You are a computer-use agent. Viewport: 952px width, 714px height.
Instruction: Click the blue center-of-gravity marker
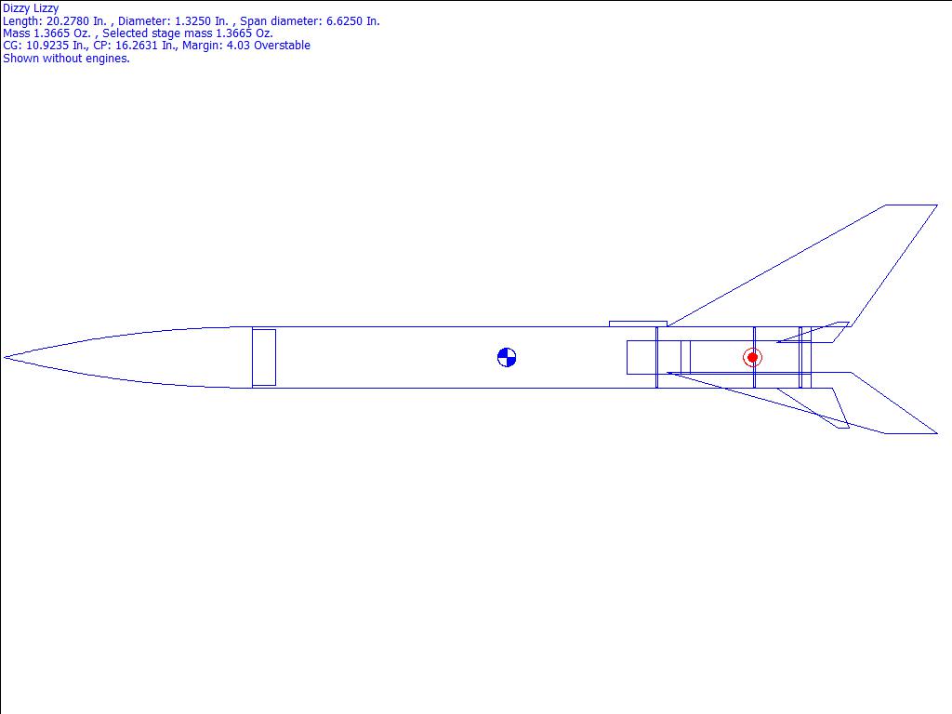point(507,358)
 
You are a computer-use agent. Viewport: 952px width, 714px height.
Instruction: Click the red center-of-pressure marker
point(752,358)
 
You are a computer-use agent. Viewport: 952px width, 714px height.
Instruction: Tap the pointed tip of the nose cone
point(5,358)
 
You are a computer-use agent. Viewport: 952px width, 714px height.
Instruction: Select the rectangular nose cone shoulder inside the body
point(264,358)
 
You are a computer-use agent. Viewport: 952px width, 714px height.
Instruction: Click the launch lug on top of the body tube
point(638,324)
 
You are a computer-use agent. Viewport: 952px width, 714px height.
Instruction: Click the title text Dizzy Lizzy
point(31,8)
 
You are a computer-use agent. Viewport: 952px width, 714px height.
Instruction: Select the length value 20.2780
point(69,20)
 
